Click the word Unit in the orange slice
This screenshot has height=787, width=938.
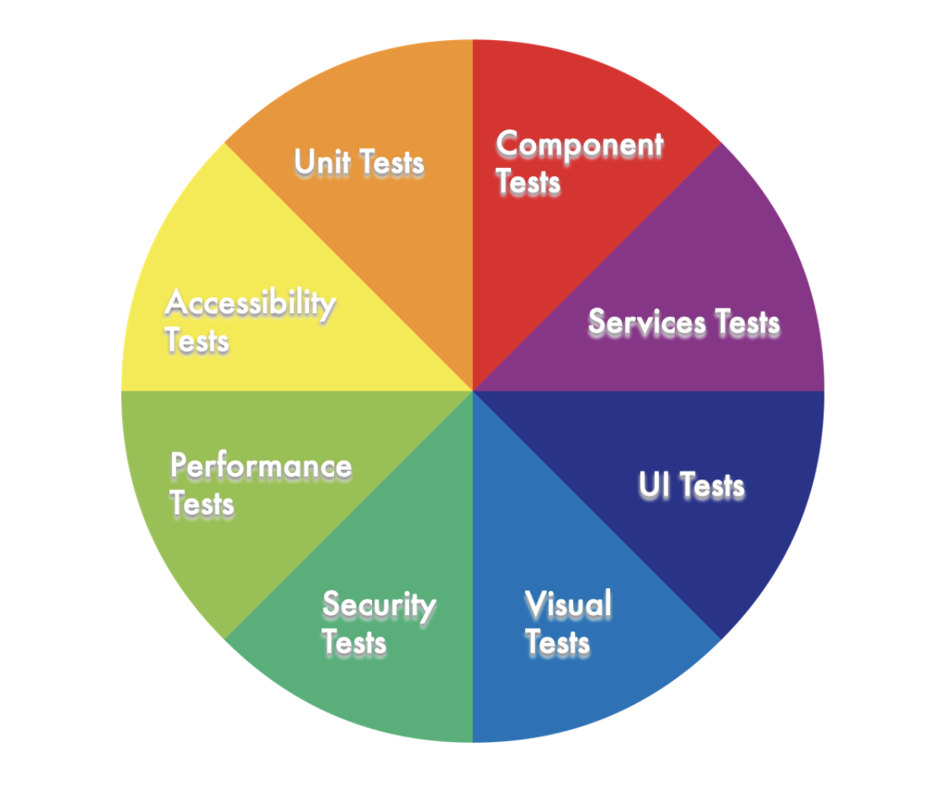pyautogui.click(x=323, y=162)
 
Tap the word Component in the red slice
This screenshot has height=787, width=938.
pyautogui.click(x=580, y=145)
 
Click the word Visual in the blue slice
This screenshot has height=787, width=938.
pyautogui.click(x=568, y=605)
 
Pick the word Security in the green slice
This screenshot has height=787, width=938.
pyautogui.click(x=379, y=606)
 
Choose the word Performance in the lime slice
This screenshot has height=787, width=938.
pyautogui.click(x=261, y=466)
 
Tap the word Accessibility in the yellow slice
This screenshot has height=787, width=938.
pyautogui.click(x=250, y=304)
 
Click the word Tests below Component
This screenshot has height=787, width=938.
pyautogui.click(x=528, y=182)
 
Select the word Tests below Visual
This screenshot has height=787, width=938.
pyautogui.click(x=557, y=643)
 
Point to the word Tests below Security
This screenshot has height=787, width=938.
pyautogui.click(x=355, y=643)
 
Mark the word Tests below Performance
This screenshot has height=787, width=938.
pyautogui.click(x=203, y=503)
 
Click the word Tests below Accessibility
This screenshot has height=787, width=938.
pyautogui.click(x=197, y=341)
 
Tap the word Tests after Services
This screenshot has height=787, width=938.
pyautogui.click(x=746, y=323)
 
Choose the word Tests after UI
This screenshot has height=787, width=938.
pyautogui.click(x=713, y=486)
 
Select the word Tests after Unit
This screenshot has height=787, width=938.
pyautogui.click(x=392, y=162)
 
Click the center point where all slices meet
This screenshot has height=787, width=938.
pyautogui.click(x=472, y=390)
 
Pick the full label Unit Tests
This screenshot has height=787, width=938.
pyautogui.click(x=359, y=162)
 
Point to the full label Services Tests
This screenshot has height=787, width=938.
pyautogui.click(x=683, y=323)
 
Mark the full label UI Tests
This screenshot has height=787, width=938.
pyautogui.click(x=691, y=486)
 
